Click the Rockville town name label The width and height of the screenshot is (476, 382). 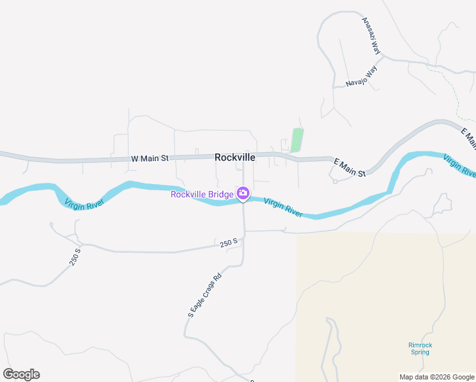point(235,157)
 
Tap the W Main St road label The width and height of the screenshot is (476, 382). point(150,158)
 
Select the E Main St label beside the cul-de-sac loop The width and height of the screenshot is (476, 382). point(349,168)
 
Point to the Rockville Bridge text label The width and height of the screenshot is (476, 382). point(202,194)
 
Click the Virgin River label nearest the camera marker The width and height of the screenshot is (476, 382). point(283,207)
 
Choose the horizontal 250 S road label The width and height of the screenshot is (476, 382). point(228,242)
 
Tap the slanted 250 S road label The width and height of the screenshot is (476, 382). point(75,256)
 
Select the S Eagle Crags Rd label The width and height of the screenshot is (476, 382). point(204,295)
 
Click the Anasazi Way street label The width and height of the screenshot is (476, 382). point(371,36)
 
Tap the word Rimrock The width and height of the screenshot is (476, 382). point(420,346)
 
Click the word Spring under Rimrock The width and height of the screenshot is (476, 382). point(420,353)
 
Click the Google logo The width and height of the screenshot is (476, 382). point(21,374)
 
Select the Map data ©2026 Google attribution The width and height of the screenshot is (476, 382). point(436,377)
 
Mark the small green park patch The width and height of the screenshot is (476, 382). point(297,139)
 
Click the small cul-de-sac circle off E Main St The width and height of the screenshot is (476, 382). point(335,181)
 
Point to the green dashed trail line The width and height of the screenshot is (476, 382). point(453,89)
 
